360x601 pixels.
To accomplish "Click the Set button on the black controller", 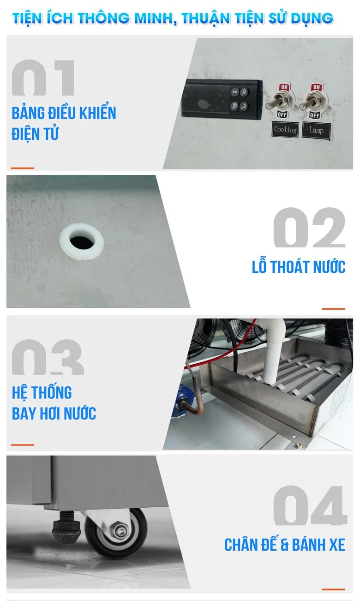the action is tap(235, 92).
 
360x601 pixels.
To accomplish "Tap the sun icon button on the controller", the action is tap(244, 92).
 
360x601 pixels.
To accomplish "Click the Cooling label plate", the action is tap(285, 130).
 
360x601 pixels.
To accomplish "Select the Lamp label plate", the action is tap(316, 130).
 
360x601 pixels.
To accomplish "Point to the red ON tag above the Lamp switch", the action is tap(317, 87).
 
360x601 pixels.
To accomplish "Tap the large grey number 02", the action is tap(309, 228).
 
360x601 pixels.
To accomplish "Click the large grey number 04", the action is tap(310, 505).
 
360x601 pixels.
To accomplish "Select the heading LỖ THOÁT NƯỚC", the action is tap(298, 267).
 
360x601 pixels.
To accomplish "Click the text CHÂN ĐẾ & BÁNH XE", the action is tap(285, 545).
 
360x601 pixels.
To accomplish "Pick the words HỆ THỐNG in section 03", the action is tap(42, 392).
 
